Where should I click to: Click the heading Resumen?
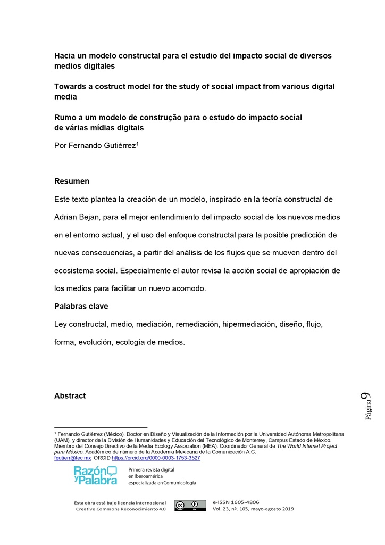[72, 181]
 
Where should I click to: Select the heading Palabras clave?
[81, 307]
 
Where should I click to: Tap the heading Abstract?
[70, 396]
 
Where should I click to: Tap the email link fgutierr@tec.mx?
[73, 458]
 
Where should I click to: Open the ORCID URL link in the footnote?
[156, 458]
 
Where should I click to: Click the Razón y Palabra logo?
[95, 475]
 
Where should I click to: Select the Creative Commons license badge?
[190, 506]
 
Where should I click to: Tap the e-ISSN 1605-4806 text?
[236, 502]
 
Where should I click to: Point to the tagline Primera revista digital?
[152, 469]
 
